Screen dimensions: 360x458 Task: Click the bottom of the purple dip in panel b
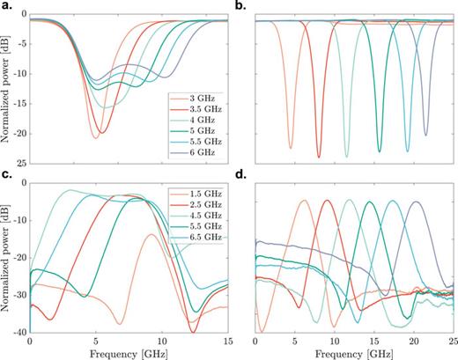[x=426, y=136]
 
